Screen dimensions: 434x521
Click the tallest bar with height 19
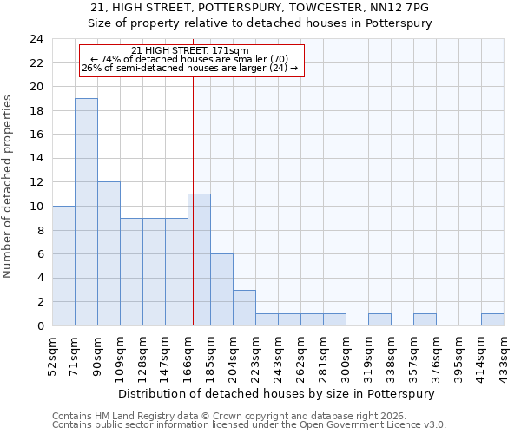click(86, 212)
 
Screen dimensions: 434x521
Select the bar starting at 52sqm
click(63, 266)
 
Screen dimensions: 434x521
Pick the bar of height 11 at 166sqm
click(199, 260)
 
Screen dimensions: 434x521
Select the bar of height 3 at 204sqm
click(244, 307)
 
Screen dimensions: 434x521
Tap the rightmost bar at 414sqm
click(492, 319)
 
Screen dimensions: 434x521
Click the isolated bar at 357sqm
click(425, 319)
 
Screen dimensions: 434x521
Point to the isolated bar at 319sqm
click(379, 319)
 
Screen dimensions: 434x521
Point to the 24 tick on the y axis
click(36, 39)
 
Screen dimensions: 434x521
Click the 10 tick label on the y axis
click(36, 207)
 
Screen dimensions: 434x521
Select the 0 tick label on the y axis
click(40, 326)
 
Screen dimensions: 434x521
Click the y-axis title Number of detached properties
click(9, 187)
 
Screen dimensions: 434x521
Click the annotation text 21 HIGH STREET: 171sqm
click(190, 50)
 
